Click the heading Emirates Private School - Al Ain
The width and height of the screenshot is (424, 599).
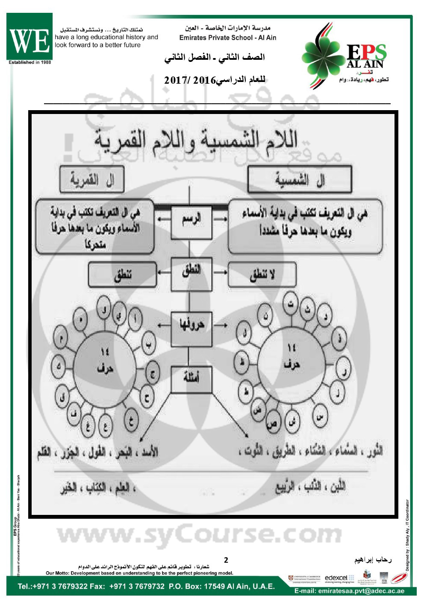click(x=228, y=38)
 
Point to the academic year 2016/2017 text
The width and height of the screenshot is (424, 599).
click(x=215, y=80)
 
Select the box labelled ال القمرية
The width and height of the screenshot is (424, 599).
click(x=92, y=180)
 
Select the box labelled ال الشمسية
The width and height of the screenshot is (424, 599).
click(x=300, y=180)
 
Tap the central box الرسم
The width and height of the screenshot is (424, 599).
click(x=191, y=222)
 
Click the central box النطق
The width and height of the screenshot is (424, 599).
click(x=191, y=274)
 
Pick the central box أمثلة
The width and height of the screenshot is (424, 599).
click(x=191, y=380)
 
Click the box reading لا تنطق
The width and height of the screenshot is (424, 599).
click(x=262, y=275)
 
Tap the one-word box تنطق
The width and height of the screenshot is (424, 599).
click(x=123, y=275)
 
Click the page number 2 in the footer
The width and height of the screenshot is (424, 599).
click(x=226, y=560)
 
